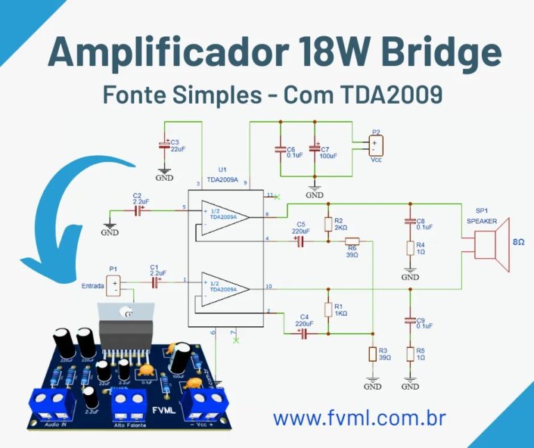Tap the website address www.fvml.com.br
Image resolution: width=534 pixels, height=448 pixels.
[x=359, y=417]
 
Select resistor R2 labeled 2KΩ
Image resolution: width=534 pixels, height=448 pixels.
[x=327, y=225]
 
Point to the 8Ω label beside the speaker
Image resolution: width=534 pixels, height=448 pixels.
[x=518, y=242]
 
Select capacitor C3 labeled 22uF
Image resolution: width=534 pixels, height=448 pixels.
[x=164, y=146]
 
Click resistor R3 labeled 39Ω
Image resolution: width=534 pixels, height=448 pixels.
[x=373, y=354]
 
